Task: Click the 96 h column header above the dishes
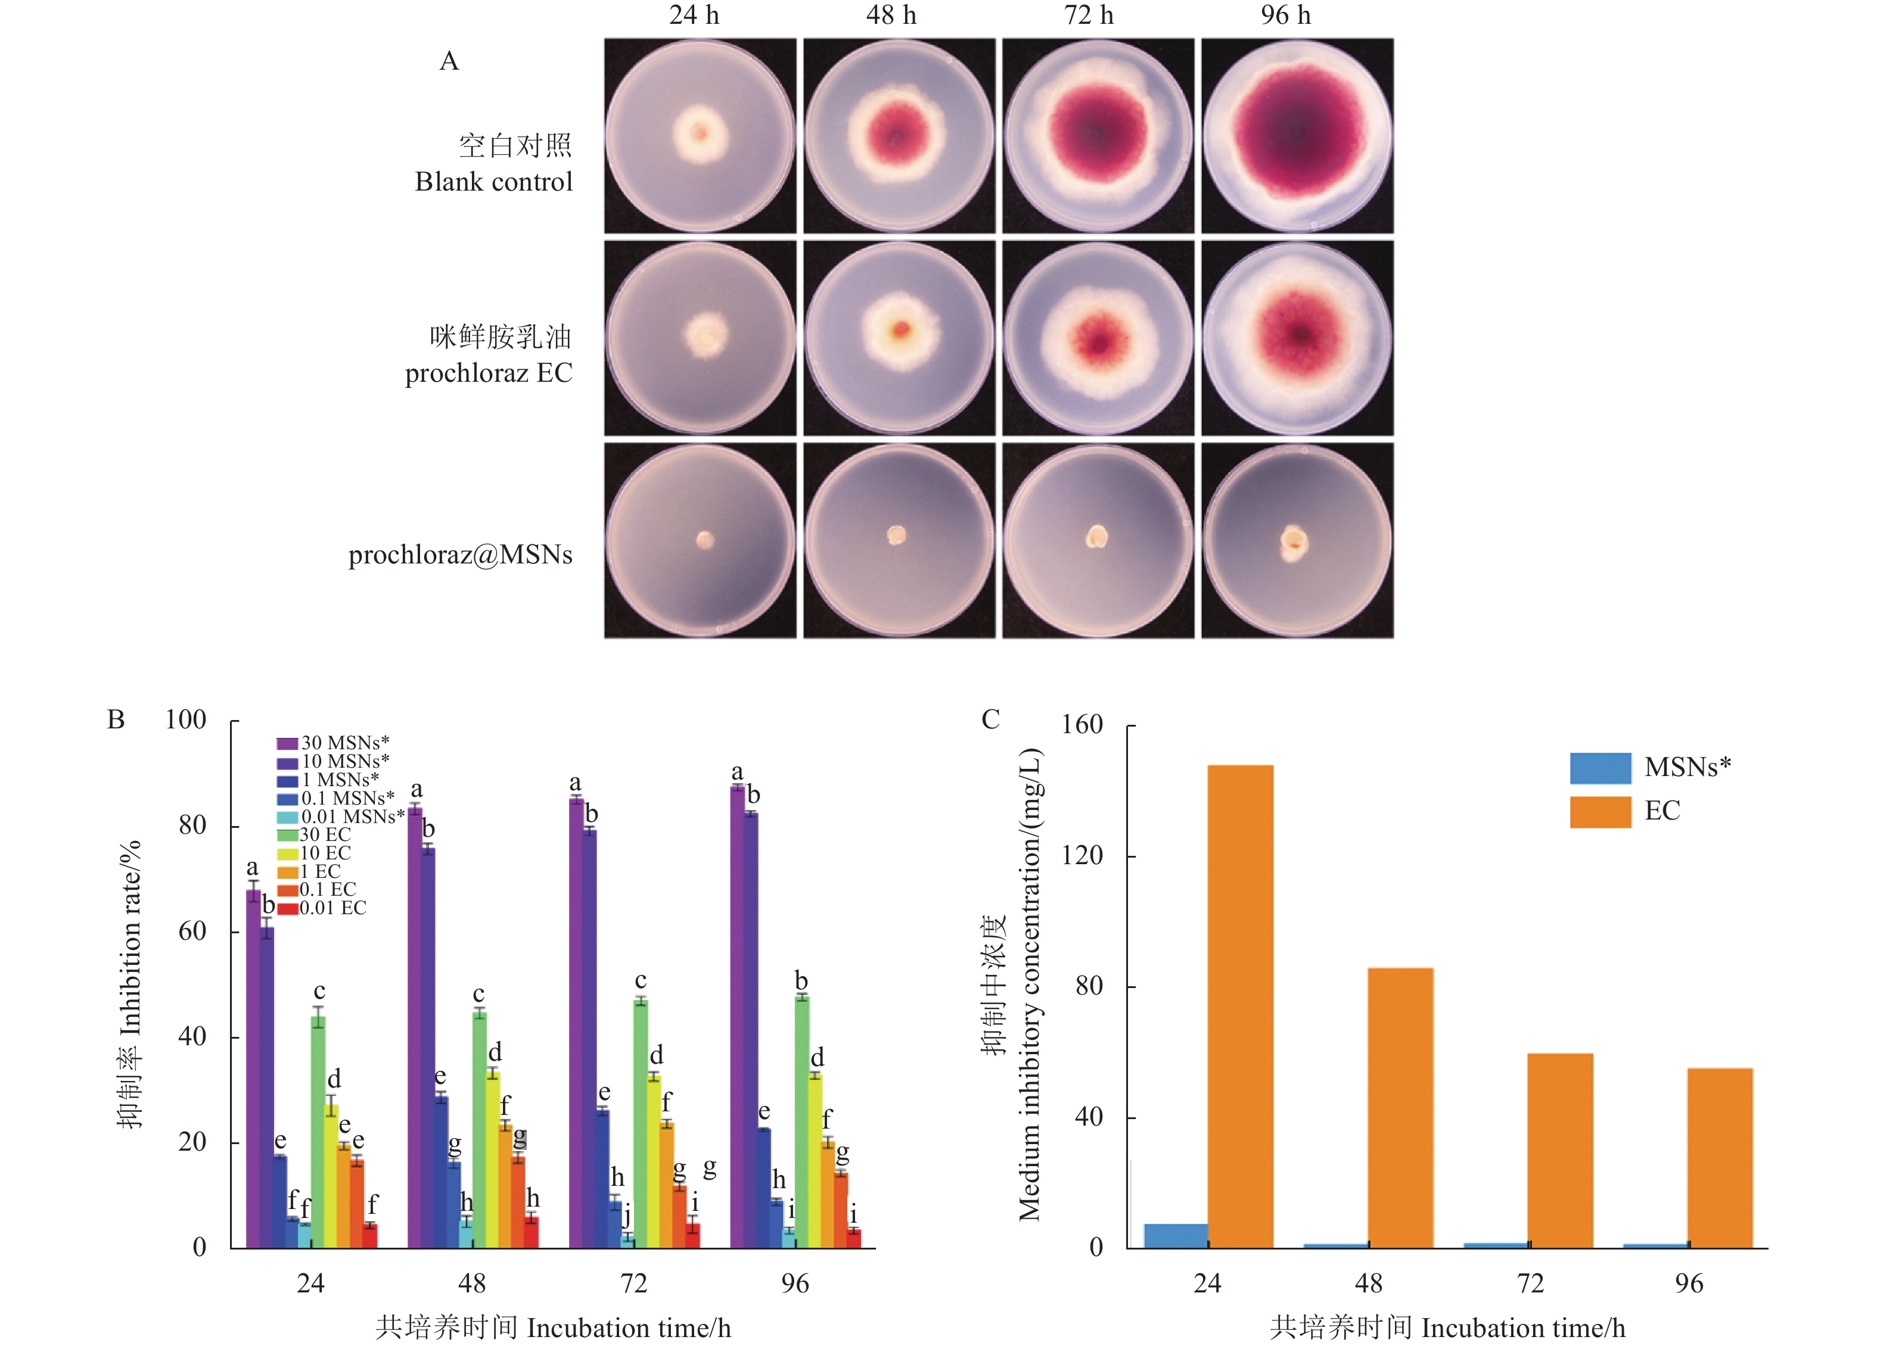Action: (x=1285, y=15)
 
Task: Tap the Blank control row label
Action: (x=493, y=181)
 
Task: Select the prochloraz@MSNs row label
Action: (x=460, y=554)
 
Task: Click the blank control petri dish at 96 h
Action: (x=1297, y=136)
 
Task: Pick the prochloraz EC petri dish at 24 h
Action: (x=700, y=338)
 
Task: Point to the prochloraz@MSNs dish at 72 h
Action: (x=1098, y=540)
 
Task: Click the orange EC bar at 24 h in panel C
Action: (x=1240, y=1005)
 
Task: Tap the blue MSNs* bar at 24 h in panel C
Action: (x=1175, y=1235)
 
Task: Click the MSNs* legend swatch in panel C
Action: (x=1600, y=768)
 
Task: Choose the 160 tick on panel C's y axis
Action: (x=1083, y=725)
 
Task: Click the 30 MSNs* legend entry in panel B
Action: (x=334, y=743)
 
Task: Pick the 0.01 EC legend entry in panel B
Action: (x=323, y=908)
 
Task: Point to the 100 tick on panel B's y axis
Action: (x=185, y=719)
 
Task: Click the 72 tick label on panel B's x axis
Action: (x=633, y=1283)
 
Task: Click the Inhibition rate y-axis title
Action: (x=130, y=984)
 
